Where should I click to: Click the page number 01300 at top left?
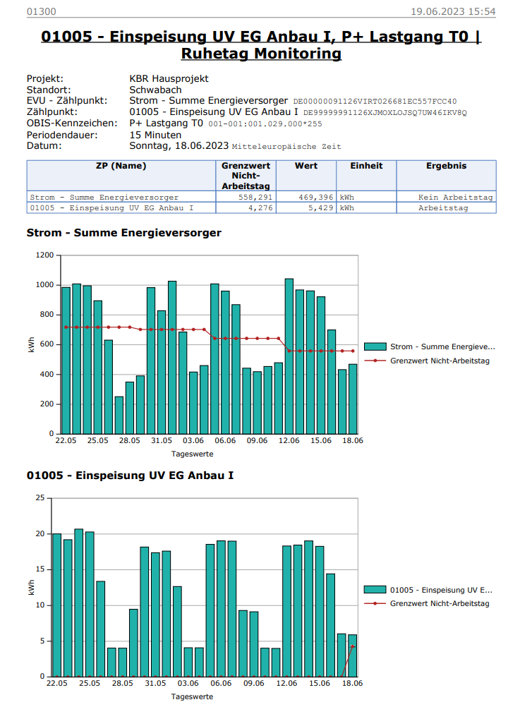click(41, 12)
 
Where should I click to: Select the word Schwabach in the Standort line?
click(155, 90)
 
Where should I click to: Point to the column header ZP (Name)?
click(121, 166)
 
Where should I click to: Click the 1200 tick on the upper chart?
click(45, 255)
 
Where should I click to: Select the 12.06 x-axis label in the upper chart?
click(289, 440)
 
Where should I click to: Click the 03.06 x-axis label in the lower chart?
click(188, 683)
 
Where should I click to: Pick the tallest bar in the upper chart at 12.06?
click(289, 356)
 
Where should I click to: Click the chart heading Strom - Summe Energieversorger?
click(123, 232)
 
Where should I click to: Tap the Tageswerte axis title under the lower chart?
click(192, 696)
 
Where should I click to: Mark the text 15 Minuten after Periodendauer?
click(155, 135)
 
